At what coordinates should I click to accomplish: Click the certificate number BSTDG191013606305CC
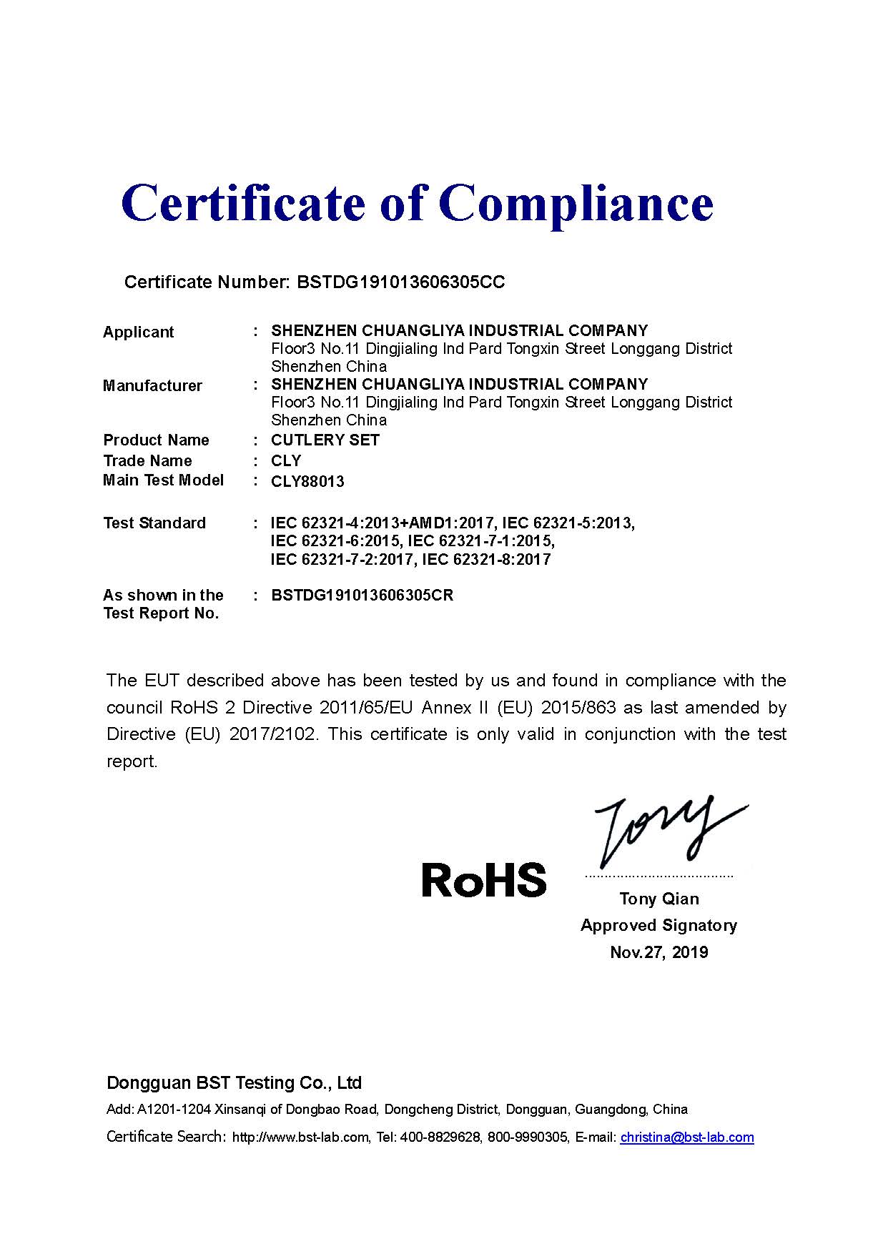[400, 282]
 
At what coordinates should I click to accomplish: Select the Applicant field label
[138, 332]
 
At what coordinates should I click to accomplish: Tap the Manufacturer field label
[152, 385]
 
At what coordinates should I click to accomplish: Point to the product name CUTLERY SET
[325, 440]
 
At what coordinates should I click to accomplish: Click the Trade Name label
[147, 460]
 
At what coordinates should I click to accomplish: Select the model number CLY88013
[307, 481]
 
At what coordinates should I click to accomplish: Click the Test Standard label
[154, 523]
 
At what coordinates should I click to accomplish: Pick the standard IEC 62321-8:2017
[486, 559]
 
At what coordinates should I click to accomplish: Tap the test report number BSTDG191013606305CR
[362, 595]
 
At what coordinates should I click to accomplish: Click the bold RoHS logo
[484, 879]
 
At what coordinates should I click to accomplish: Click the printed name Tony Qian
[659, 899]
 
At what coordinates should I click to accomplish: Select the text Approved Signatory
[658, 925]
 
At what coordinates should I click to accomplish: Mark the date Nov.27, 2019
[658, 952]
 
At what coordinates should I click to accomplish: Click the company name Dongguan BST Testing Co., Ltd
[234, 1082]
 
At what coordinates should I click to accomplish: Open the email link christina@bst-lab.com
[686, 1137]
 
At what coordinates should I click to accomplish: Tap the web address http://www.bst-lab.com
[300, 1137]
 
